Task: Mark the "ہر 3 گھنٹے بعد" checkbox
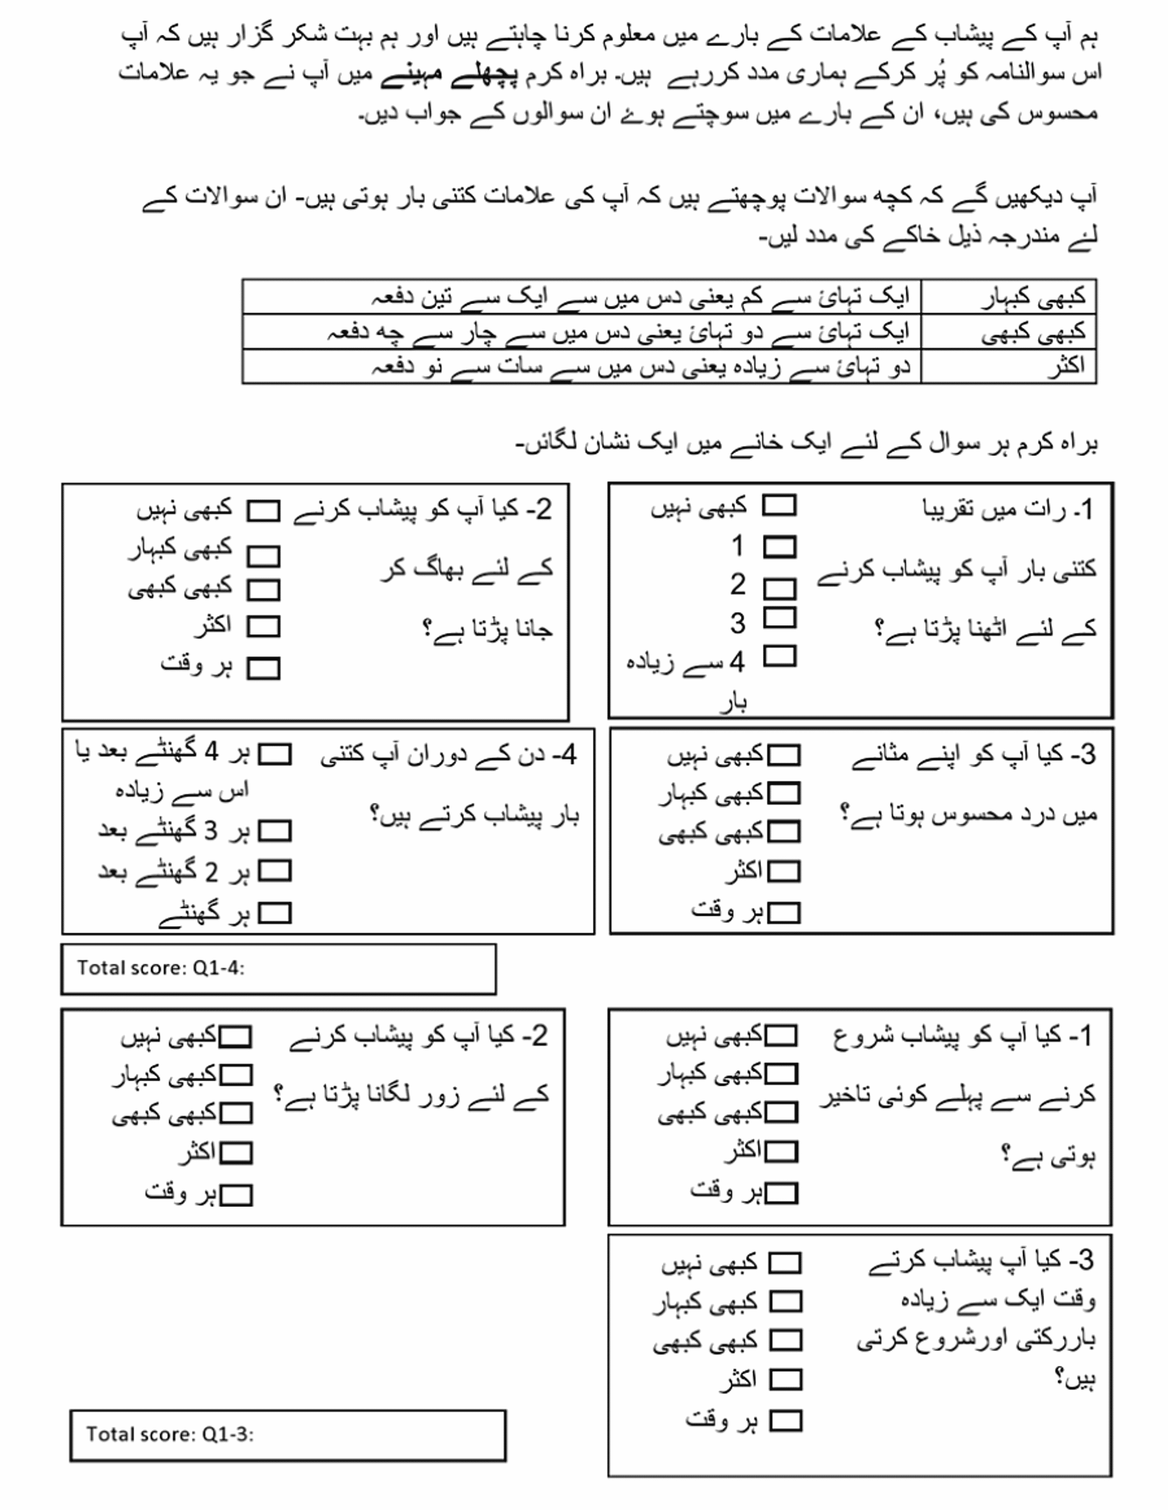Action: (274, 830)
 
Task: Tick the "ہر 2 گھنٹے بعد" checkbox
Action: (274, 871)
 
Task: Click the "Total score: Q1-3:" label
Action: (169, 1434)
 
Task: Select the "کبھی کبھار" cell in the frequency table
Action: (1034, 297)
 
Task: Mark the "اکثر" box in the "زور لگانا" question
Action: (236, 1153)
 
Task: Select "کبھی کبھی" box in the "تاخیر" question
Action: (781, 1112)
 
